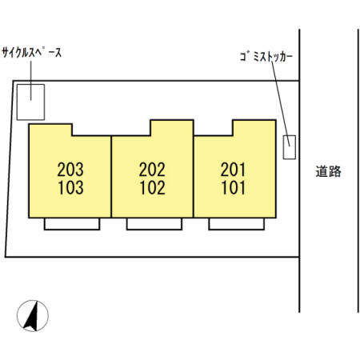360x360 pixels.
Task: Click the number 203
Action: [70, 170]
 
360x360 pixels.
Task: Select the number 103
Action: [71, 187]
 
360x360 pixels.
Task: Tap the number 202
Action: [152, 170]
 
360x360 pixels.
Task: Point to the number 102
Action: [153, 187]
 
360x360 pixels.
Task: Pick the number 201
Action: [233, 170]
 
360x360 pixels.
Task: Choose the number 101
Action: [234, 187]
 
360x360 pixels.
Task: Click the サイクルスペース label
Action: [32, 53]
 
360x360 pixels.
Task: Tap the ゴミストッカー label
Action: [266, 57]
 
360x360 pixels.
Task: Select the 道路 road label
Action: [329, 171]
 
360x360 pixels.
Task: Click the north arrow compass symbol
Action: [33, 316]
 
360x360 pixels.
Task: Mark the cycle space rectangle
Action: [30, 86]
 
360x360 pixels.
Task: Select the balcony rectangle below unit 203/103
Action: [72, 229]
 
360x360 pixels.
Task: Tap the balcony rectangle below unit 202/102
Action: [154, 229]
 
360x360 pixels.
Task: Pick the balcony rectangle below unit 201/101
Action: [237, 229]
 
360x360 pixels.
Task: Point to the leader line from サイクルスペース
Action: [31, 81]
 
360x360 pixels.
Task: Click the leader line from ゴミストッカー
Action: [281, 104]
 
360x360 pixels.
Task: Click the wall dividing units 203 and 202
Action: [111, 177]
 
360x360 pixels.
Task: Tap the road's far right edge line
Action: [358, 170]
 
